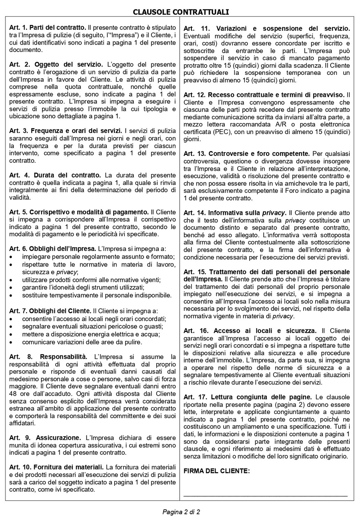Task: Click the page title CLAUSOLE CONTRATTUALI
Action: [180, 12]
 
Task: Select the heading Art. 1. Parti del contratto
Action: [47, 28]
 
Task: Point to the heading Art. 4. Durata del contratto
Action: [55, 175]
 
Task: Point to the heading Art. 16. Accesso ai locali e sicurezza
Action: [250, 331]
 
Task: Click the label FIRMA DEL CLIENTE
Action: [216, 471]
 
